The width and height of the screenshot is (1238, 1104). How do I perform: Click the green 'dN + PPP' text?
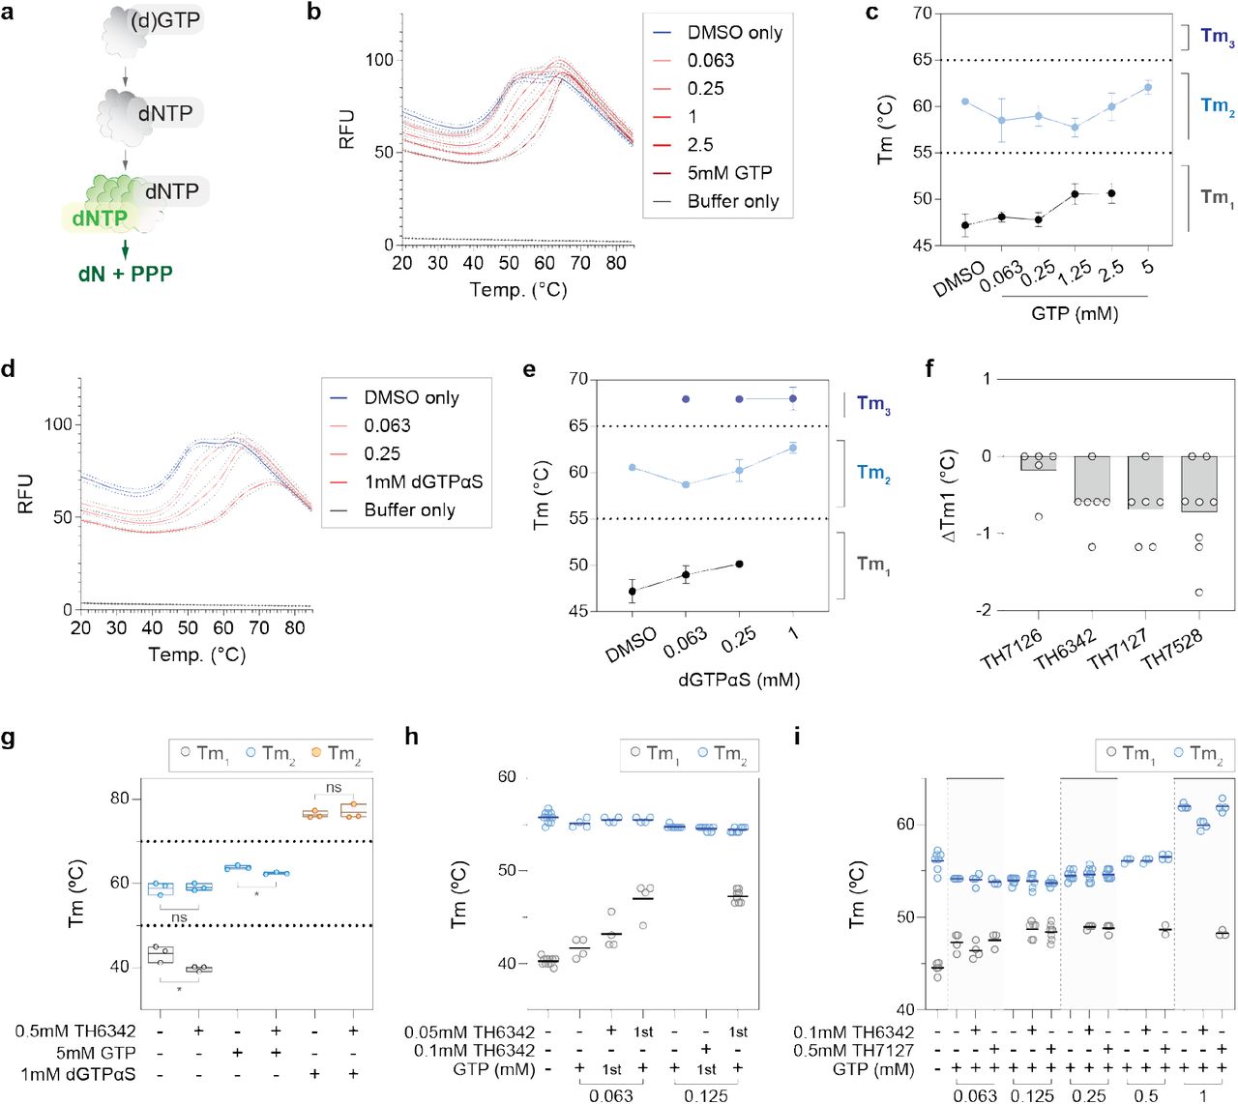[126, 275]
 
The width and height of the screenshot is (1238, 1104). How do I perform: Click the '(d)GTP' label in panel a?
[165, 20]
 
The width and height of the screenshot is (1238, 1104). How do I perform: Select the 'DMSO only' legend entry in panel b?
[734, 33]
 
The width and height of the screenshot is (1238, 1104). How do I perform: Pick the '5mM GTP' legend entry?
[729, 173]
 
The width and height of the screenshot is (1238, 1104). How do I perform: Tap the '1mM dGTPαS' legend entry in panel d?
[423, 481]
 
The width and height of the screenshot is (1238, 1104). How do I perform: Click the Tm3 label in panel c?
[1217, 38]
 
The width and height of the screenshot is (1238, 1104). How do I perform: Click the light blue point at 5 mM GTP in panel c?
[1148, 87]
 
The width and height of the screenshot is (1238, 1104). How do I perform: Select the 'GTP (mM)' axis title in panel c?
[1074, 313]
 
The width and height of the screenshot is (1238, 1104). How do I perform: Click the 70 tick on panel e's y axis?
[577, 379]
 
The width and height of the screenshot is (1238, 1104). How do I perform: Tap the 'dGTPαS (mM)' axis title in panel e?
[739, 680]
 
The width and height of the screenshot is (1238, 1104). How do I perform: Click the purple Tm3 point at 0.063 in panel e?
[686, 398]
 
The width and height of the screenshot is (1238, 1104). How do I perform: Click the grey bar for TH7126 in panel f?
[1039, 463]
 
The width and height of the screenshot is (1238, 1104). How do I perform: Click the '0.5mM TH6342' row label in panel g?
[75, 1031]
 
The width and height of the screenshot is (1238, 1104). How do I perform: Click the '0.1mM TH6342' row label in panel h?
[474, 1051]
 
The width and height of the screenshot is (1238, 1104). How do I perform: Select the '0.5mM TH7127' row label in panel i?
[853, 1051]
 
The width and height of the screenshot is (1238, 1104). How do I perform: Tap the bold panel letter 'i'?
[797, 738]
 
